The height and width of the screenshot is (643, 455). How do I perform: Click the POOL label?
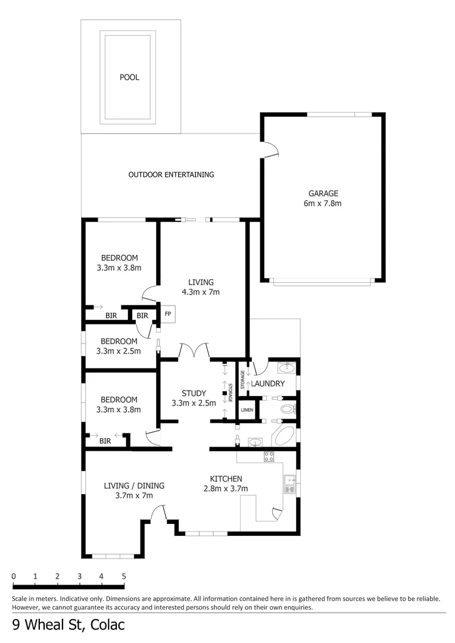(x=129, y=77)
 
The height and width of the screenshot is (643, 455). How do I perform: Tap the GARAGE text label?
(x=323, y=193)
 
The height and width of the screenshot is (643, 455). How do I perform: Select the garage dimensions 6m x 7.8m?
(x=323, y=203)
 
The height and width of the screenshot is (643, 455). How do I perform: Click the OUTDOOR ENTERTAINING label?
(x=171, y=174)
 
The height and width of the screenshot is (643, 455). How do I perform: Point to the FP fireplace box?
(x=168, y=314)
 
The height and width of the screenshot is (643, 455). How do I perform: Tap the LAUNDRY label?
(x=267, y=383)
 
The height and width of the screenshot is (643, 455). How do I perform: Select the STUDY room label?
(x=194, y=393)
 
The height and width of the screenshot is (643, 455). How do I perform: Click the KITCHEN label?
(x=226, y=479)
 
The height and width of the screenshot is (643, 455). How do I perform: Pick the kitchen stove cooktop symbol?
(x=269, y=457)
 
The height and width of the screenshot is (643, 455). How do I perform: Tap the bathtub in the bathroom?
(x=283, y=437)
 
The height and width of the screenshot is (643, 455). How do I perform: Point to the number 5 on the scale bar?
(x=124, y=576)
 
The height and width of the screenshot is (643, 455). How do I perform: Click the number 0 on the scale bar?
(x=14, y=576)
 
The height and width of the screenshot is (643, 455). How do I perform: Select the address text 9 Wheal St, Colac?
(x=68, y=626)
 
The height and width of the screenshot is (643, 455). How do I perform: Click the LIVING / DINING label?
(x=133, y=486)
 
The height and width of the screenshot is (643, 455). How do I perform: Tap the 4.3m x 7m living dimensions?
(x=201, y=292)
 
